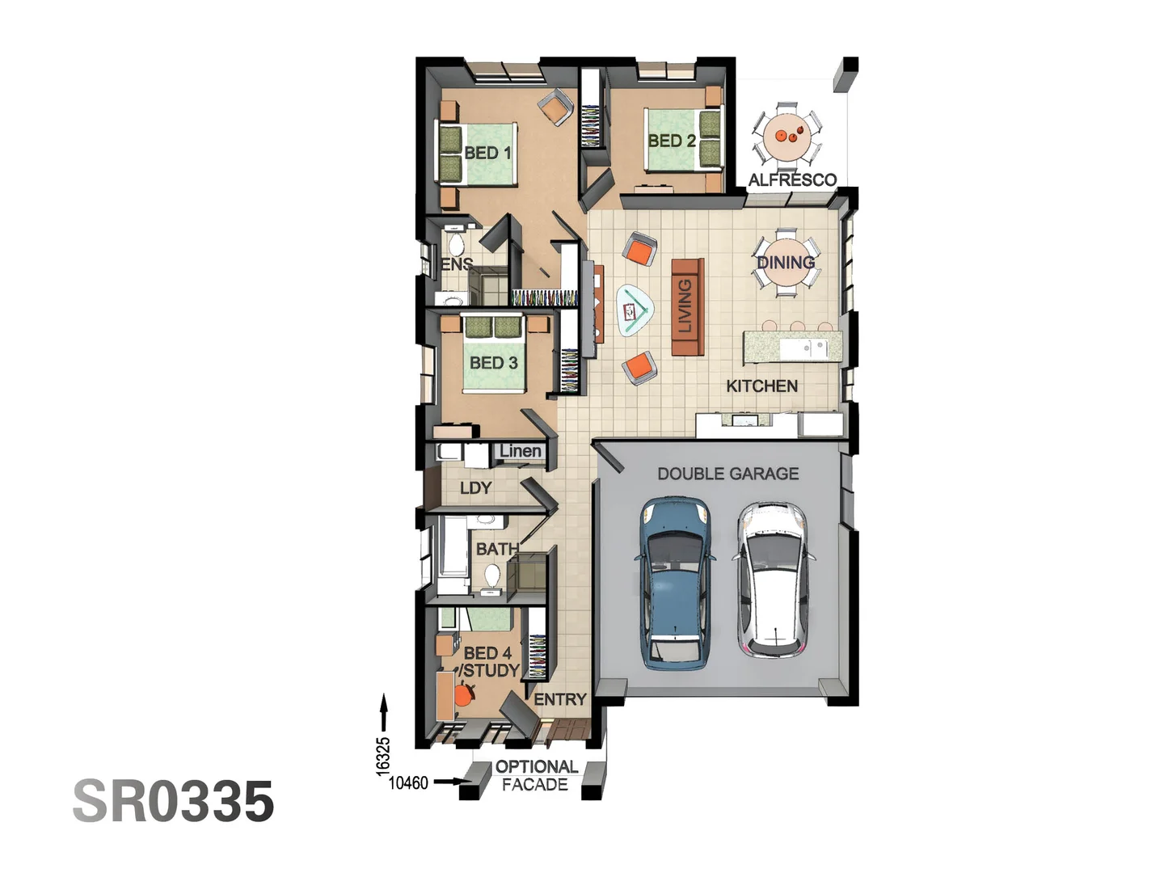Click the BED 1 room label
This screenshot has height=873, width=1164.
tap(487, 153)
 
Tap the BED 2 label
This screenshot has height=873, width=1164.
tap(671, 141)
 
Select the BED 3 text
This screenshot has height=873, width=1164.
tap(493, 363)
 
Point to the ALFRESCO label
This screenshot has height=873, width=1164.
tap(791, 180)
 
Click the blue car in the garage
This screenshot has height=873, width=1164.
tap(677, 582)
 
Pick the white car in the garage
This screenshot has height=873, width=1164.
tap(774, 579)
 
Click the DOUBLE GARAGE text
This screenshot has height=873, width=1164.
tap(727, 474)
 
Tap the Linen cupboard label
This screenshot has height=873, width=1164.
tap(520, 451)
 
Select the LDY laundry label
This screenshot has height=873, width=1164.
tap(475, 488)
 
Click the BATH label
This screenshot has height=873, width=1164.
tap(496, 549)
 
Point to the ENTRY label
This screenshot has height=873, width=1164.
tap(560, 699)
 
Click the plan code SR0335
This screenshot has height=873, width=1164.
tap(174, 801)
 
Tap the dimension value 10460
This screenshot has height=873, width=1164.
tap(408, 782)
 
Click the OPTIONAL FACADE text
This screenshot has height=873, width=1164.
tap(536, 775)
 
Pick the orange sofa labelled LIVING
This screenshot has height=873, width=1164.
tap(687, 307)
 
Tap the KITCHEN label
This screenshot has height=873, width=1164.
tap(761, 386)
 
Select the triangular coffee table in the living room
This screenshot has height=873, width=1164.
tap(635, 310)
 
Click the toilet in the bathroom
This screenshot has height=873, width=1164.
tap(491, 576)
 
